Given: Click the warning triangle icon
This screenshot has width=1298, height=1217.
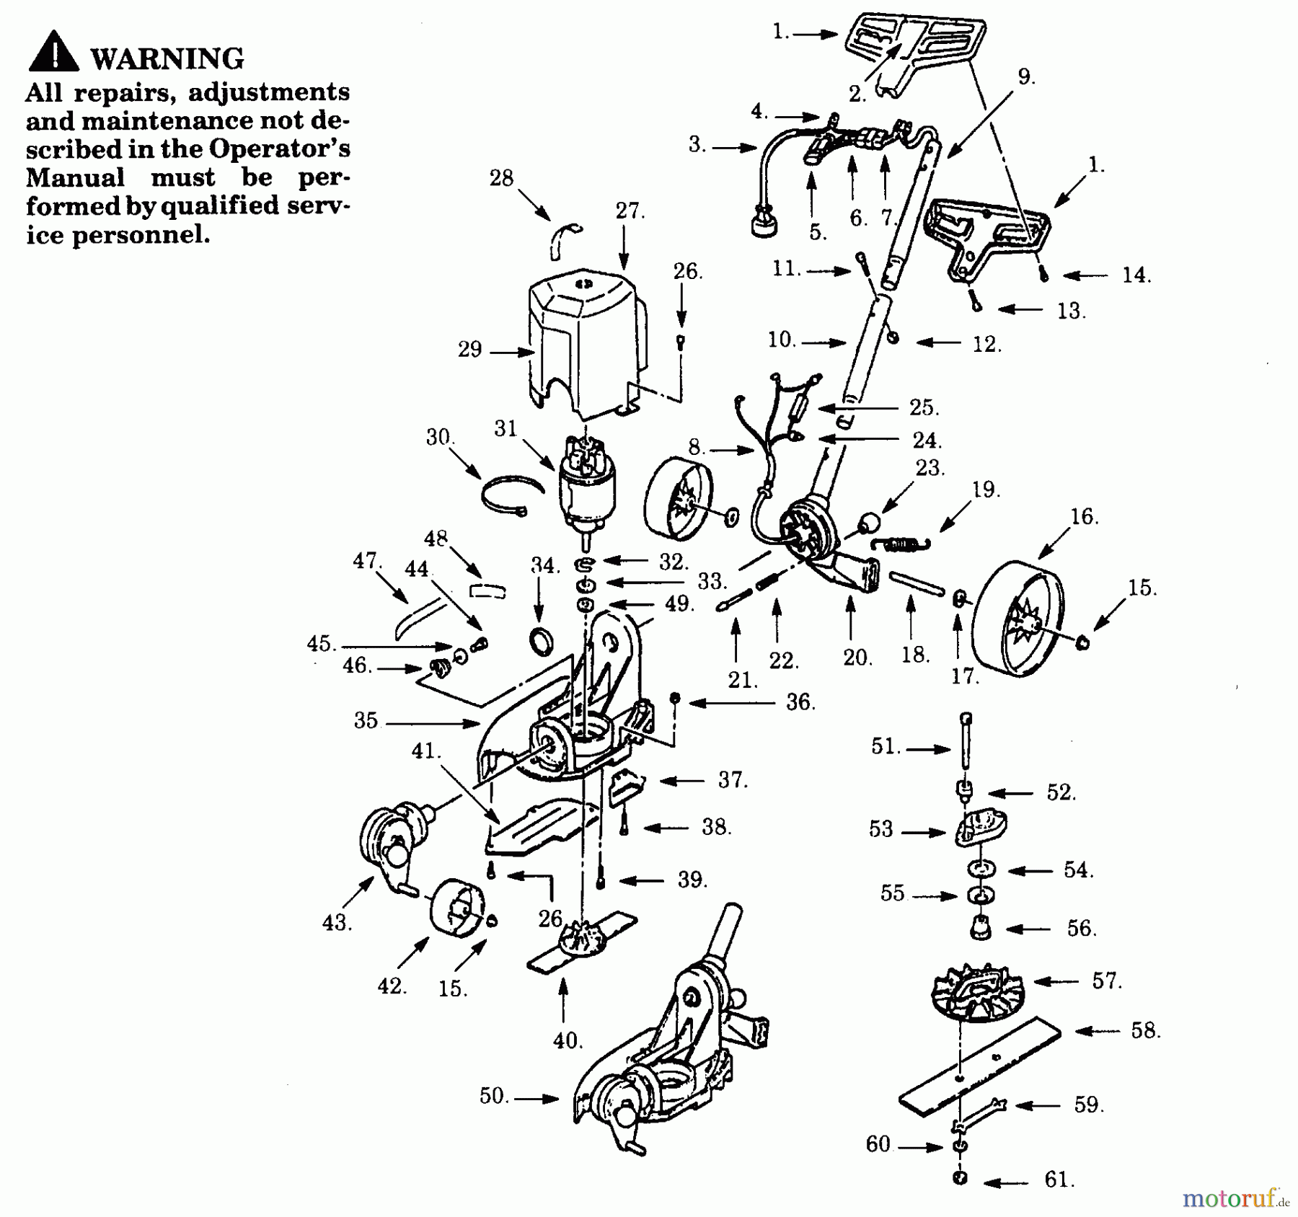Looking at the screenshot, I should tap(53, 52).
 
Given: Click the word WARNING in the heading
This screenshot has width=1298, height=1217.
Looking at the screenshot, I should tap(167, 58).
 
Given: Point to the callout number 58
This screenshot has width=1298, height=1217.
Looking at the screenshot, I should tap(1144, 1031).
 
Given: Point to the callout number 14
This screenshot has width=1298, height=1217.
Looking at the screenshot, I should tap(1136, 275).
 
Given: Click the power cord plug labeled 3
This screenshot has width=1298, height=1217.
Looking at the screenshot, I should tap(763, 224).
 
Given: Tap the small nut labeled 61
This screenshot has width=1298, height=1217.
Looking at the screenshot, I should tap(960, 1178).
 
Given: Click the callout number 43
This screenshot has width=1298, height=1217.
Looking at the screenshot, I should tap(336, 922).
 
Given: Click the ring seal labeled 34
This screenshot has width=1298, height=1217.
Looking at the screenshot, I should tap(541, 640).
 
